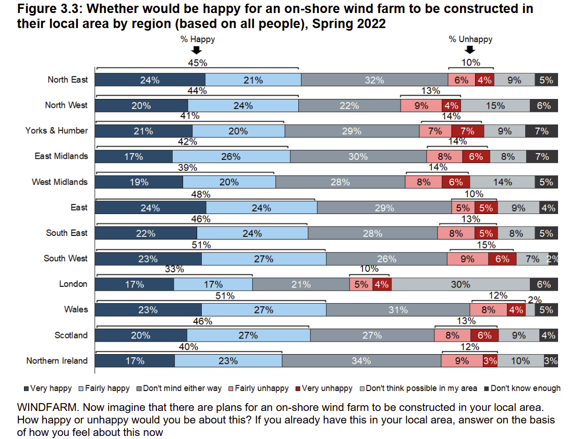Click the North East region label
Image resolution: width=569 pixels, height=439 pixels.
pos(68,80)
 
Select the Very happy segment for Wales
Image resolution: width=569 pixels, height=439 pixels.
pos(148,310)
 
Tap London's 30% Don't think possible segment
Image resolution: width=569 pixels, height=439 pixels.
pos(461,284)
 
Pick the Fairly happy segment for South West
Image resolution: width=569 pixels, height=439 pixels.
pos(263,259)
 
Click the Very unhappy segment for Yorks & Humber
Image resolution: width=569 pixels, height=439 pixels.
pos(467,131)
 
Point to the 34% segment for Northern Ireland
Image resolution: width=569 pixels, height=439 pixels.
pos(361,361)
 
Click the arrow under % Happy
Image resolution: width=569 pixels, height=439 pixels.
pos(197,50)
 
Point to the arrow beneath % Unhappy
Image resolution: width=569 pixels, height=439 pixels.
pos(470,50)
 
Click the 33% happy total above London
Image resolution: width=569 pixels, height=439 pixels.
pos(174,270)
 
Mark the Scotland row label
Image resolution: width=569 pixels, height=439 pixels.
pos(71,335)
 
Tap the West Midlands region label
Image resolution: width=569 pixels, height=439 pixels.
pos(59,182)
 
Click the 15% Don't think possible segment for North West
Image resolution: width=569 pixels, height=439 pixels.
pos(495,106)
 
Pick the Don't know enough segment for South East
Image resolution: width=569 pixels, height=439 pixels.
pos(546,233)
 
